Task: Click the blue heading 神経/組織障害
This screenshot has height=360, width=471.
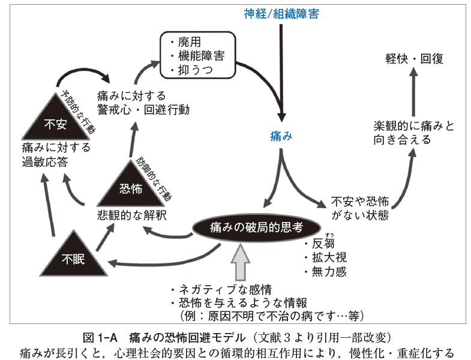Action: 281,14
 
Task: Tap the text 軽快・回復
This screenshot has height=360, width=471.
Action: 414,59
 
